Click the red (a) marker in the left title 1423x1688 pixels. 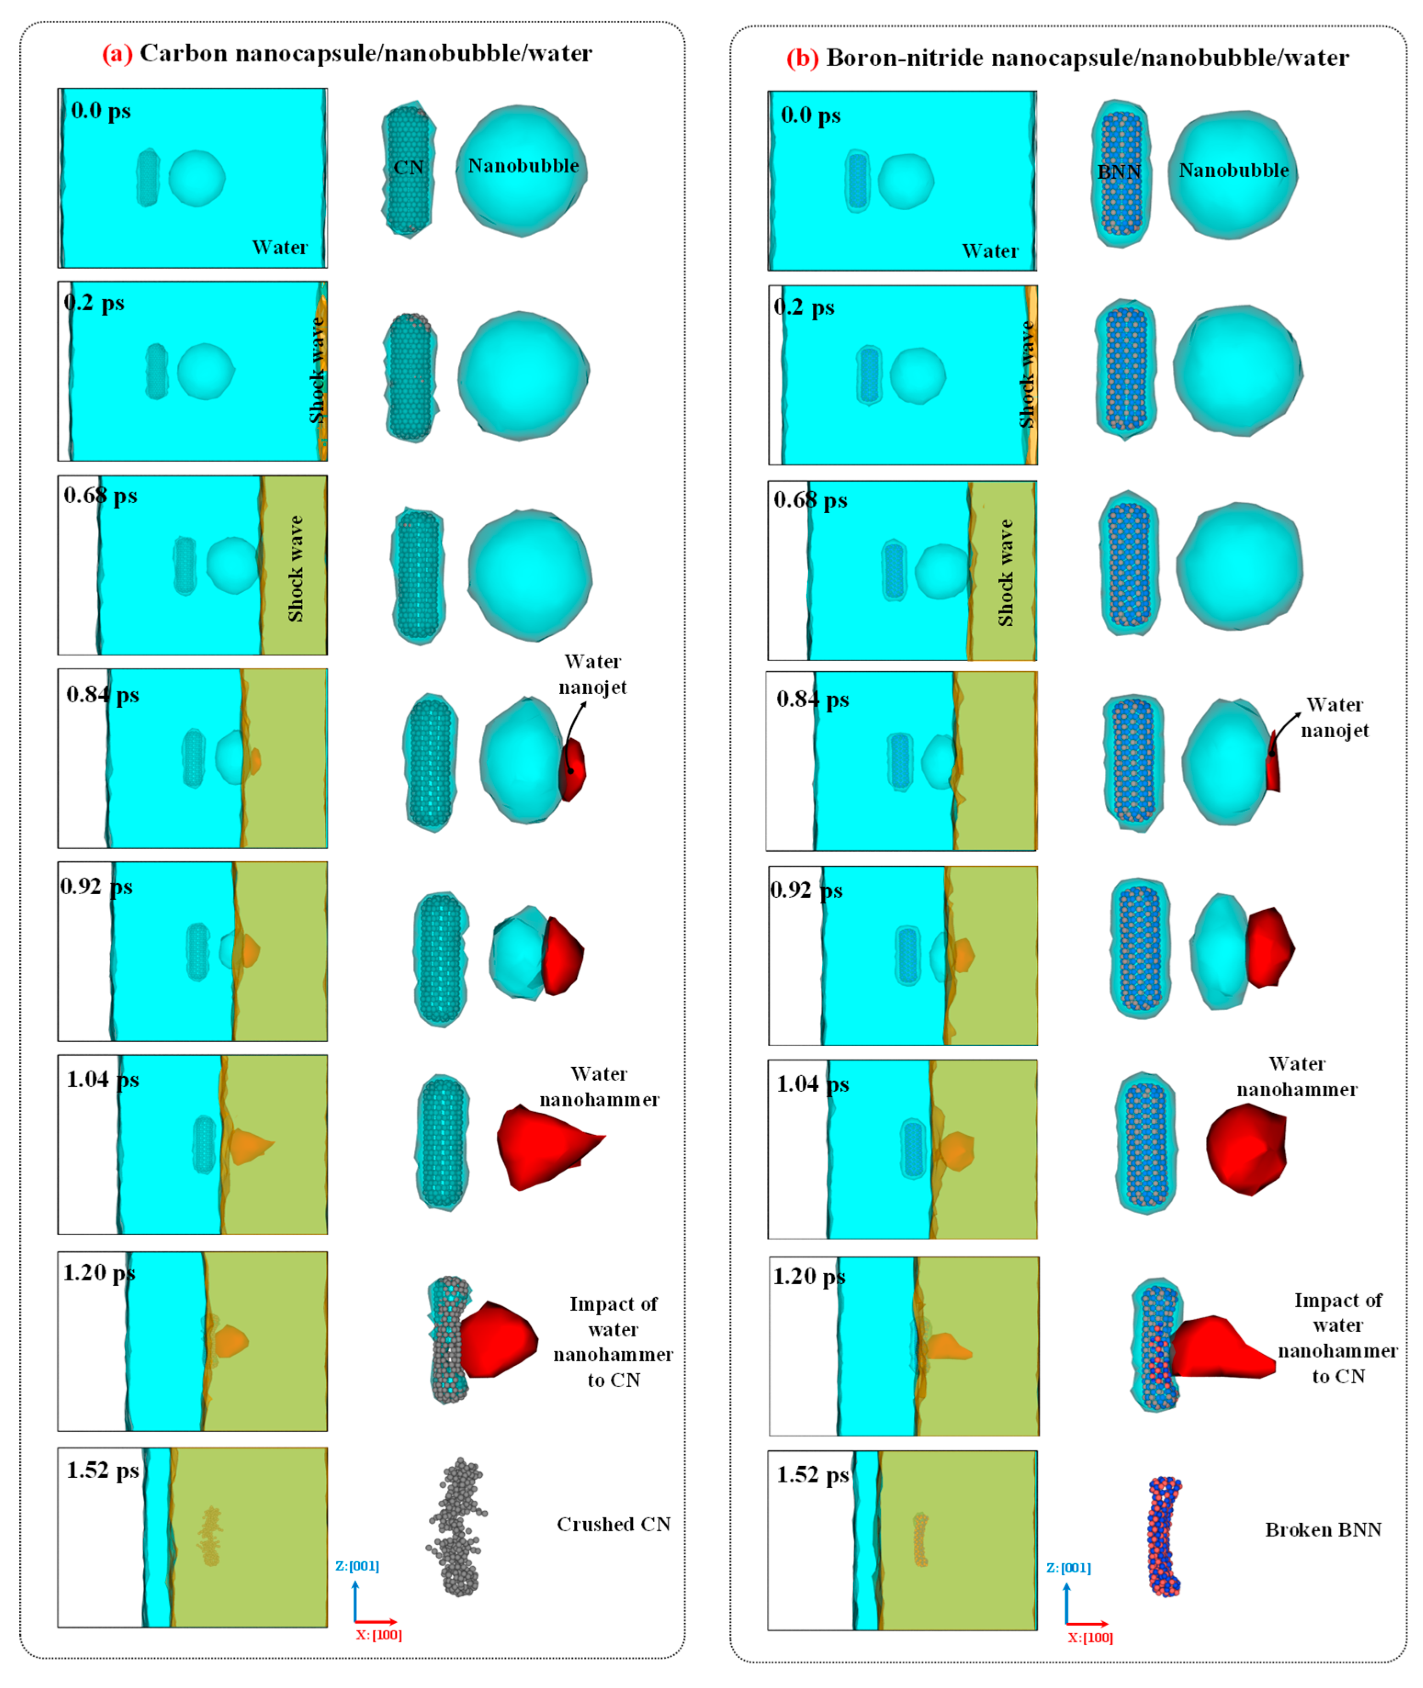(117, 53)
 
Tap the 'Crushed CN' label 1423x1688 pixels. (613, 1524)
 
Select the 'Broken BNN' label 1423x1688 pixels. (1323, 1529)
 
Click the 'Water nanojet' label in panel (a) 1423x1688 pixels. (592, 674)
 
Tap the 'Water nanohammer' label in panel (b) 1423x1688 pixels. (1296, 1076)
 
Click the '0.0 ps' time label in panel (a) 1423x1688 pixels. (101, 111)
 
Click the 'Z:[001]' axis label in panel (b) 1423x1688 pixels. (1068, 1568)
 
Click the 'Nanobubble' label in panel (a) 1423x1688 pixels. (523, 165)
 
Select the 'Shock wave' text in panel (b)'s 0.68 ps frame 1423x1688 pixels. (1005, 572)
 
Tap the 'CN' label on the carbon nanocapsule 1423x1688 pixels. (408, 168)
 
